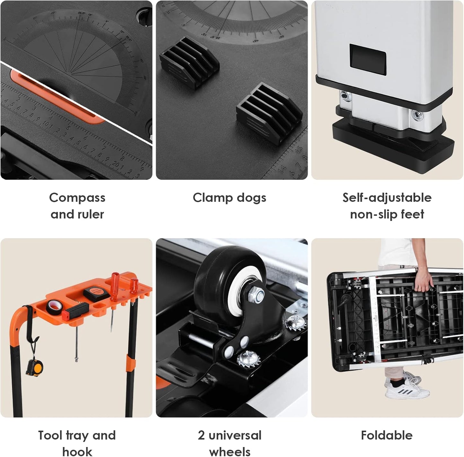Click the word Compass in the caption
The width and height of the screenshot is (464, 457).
point(77,197)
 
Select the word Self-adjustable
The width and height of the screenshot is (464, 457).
point(387,197)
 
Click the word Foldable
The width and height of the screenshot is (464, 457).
point(387,435)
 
